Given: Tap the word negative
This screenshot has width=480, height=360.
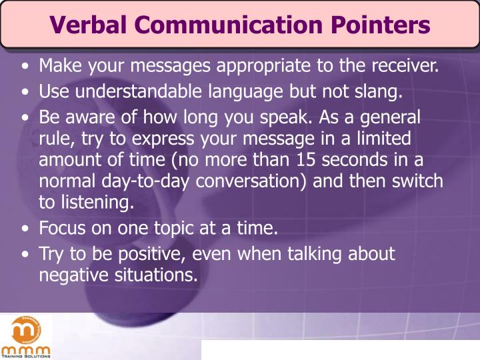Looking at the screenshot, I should click(x=69, y=275).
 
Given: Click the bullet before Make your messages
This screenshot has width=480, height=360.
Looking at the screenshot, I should click(x=25, y=67).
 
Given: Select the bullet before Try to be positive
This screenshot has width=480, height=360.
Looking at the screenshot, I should click(x=25, y=254).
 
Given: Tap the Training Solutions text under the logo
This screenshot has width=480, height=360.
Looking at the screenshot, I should click(x=25, y=356).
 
